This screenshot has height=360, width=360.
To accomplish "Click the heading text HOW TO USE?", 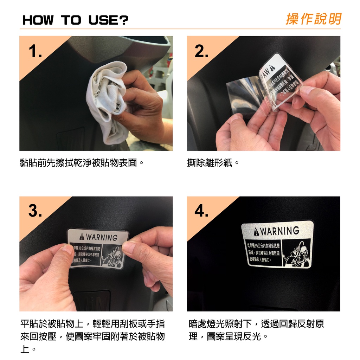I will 75,20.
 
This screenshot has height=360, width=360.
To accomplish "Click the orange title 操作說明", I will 313,19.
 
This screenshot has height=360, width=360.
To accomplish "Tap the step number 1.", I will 36,52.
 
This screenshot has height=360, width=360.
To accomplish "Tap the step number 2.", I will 201,52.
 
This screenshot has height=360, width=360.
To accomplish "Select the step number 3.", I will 36,212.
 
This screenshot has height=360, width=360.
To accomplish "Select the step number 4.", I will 202,212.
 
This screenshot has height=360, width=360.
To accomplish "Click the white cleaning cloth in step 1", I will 105,102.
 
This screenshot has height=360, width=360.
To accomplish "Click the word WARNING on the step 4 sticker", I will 279,231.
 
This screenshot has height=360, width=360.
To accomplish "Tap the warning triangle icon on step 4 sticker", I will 255,232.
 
